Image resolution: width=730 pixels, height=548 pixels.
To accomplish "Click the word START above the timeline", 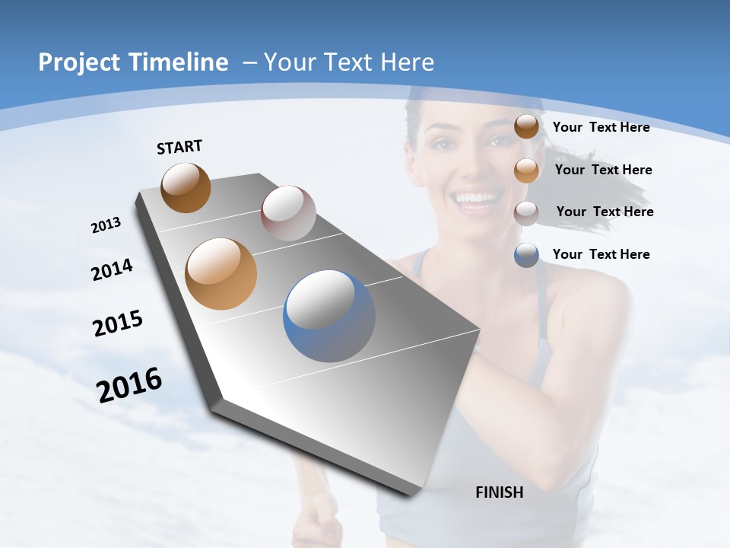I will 179,147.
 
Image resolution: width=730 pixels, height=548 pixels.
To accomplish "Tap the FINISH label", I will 500,492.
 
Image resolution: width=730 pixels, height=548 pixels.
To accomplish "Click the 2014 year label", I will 113,270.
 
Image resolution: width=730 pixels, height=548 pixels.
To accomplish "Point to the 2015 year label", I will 118,323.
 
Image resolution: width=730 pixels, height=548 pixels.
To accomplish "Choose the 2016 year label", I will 129,385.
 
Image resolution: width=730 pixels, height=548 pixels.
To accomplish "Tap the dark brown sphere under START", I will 186,187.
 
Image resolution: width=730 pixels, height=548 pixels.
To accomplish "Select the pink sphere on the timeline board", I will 288,213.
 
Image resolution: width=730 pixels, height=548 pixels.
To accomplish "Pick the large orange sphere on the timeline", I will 221,274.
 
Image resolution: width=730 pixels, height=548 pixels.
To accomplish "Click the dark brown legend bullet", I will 526,127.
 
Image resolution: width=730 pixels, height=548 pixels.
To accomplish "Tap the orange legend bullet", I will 526,170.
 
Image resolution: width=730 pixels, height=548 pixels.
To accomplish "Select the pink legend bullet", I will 526,212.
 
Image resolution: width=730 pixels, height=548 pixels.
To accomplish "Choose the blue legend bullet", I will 526,255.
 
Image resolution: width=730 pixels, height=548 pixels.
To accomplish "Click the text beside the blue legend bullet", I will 601,254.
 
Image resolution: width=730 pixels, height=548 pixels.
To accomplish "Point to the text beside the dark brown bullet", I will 601,127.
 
